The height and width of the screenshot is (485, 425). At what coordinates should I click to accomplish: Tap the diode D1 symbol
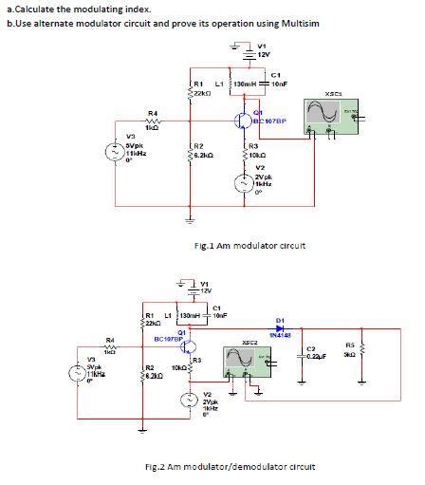[x=279, y=327]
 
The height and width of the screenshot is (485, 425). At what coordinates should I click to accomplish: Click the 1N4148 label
[x=280, y=335]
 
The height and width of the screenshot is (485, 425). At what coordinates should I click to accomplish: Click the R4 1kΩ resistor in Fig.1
[x=152, y=121]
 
